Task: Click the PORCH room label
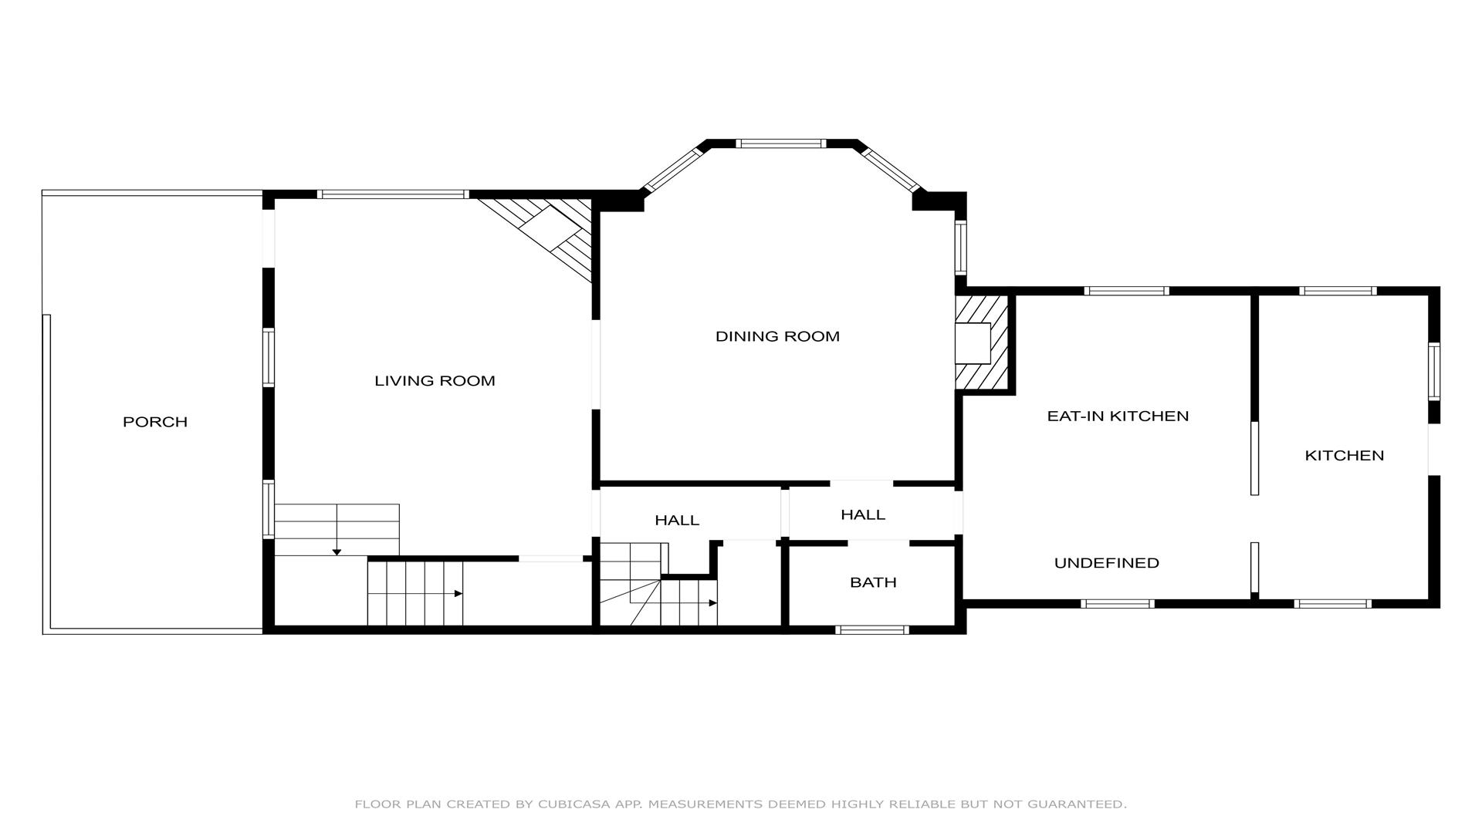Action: click(x=155, y=422)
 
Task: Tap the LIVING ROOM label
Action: click(x=435, y=380)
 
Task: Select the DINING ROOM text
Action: click(x=777, y=336)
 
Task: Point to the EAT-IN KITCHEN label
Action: click(x=1118, y=416)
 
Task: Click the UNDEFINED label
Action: click(x=1107, y=563)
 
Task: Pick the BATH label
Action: click(x=873, y=582)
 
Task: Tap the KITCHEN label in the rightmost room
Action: click(x=1345, y=455)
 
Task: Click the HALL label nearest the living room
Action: click(x=677, y=521)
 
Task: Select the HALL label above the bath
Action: click(x=863, y=514)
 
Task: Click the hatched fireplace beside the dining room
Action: click(x=982, y=342)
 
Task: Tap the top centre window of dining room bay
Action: click(x=780, y=143)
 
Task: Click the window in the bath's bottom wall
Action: click(x=872, y=630)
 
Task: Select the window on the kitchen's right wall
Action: click(x=1434, y=371)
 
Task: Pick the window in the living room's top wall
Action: click(x=393, y=194)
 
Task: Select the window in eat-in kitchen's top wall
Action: click(x=1126, y=291)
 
